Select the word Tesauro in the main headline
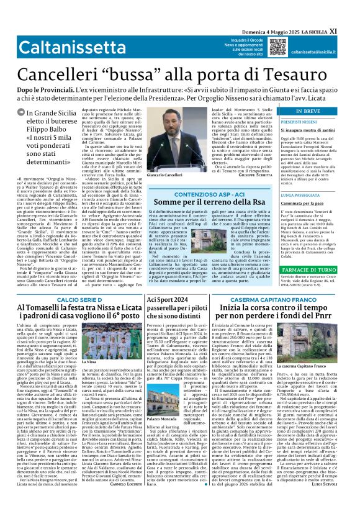[x=309, y=74]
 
